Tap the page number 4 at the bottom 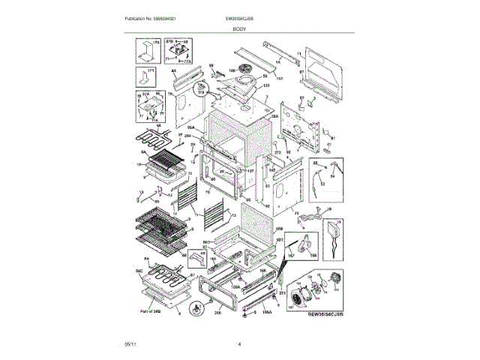(239, 344)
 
